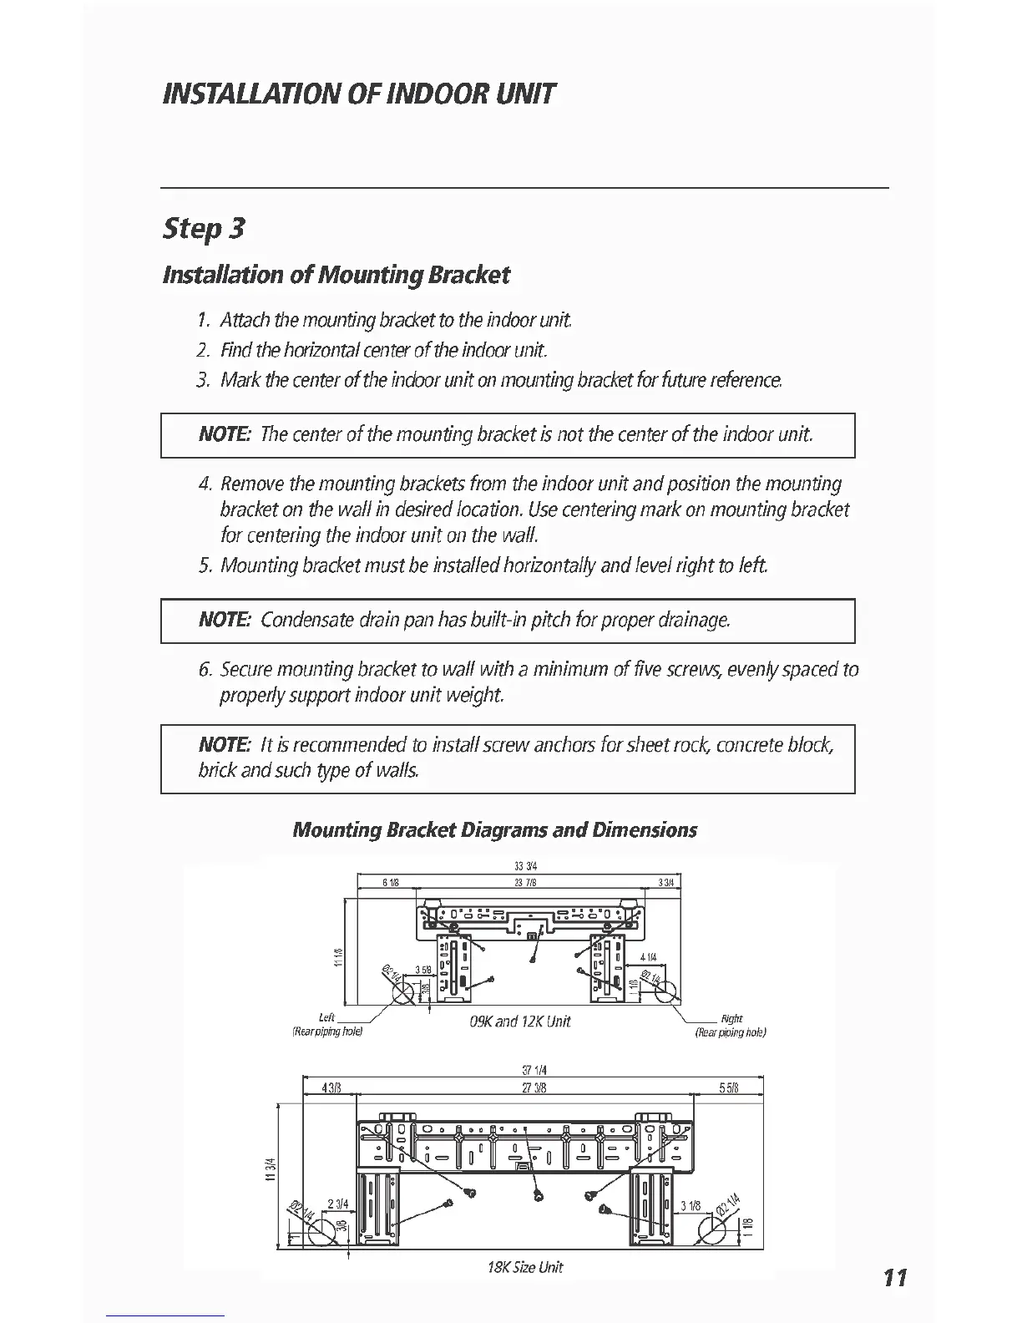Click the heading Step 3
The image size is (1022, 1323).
coord(205,228)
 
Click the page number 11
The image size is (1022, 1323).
coord(893,1277)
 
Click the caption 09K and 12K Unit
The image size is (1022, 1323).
coord(520,1021)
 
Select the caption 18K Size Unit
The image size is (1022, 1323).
coord(525,1267)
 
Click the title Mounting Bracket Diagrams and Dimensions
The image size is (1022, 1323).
coord(495,830)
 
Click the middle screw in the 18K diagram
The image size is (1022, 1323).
coord(539,1197)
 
